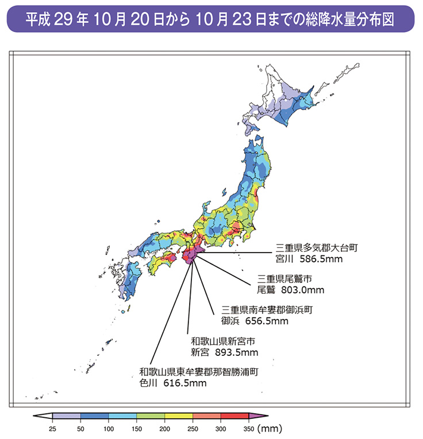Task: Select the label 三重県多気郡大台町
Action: tap(317, 247)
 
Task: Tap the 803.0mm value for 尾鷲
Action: tap(302, 290)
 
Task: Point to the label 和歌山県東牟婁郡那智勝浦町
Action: tap(199, 371)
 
